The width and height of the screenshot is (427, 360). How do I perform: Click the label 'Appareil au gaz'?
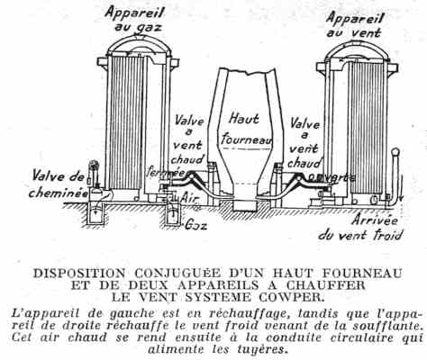(x=135, y=20)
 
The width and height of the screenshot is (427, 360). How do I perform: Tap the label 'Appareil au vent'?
(x=354, y=24)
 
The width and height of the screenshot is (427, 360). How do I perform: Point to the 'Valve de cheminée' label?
(x=59, y=184)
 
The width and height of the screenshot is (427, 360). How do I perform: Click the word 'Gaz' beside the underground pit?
(x=195, y=225)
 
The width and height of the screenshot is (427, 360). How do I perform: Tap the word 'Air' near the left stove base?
(x=189, y=198)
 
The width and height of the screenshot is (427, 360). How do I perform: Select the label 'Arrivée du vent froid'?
(x=360, y=228)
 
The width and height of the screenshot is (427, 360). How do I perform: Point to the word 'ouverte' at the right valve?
(x=332, y=177)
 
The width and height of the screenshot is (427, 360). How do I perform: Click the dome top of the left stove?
(x=140, y=43)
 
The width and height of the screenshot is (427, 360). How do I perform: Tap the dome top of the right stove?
(x=358, y=49)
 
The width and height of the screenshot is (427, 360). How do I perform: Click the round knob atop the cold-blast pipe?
(x=395, y=152)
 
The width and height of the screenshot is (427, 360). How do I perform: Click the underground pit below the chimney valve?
(x=95, y=215)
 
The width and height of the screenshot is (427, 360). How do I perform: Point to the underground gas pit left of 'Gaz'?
(x=173, y=215)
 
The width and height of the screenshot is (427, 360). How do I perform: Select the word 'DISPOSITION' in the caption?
(x=78, y=274)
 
